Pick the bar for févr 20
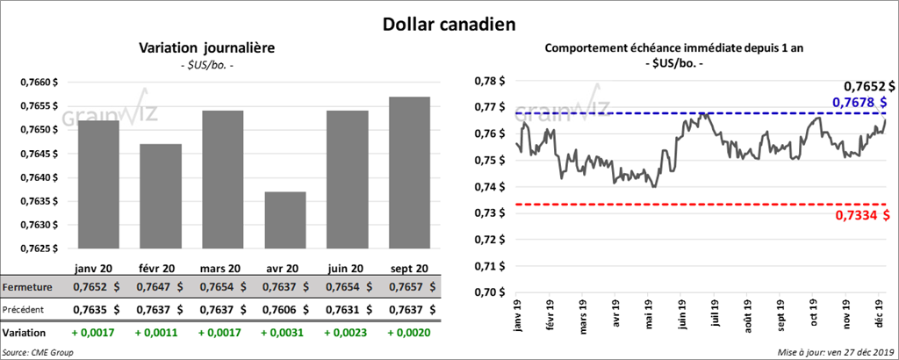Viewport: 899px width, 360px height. [160, 196]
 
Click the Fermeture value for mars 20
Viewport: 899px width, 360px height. [221, 287]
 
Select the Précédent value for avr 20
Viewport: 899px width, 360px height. [284, 309]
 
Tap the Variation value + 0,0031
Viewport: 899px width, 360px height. [284, 334]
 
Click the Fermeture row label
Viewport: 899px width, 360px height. [27, 287]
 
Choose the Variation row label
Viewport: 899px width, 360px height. [25, 334]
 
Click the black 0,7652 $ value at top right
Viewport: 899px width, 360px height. [869, 86]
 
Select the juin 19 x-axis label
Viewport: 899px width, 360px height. [682, 314]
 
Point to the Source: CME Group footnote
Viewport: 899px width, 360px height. [38, 352]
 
